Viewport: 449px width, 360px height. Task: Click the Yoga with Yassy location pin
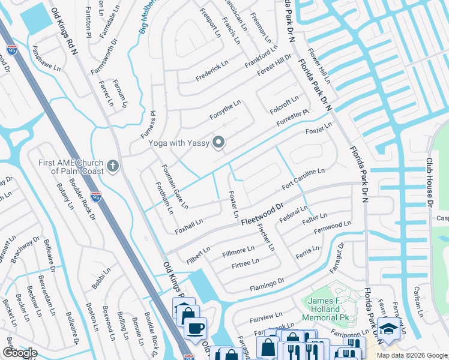click(x=219, y=143)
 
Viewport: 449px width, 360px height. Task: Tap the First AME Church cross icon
click(x=112, y=165)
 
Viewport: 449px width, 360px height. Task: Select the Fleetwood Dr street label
click(x=262, y=215)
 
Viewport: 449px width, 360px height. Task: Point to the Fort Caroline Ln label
click(x=303, y=178)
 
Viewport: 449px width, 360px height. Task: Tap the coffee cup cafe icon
click(x=195, y=328)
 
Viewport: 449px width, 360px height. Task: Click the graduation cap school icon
click(x=388, y=328)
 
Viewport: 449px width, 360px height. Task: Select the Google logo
click(x=20, y=353)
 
